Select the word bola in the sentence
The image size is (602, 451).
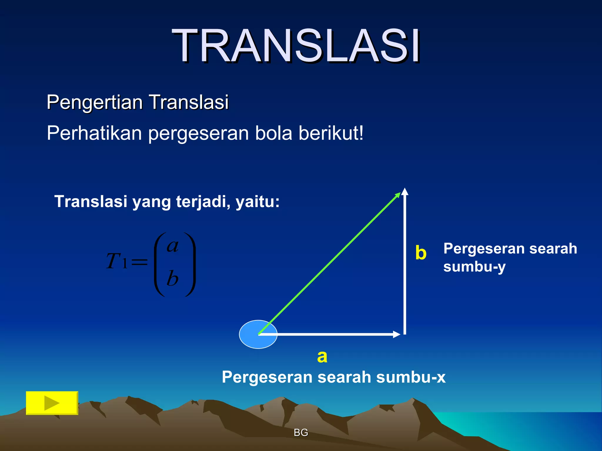[273, 133]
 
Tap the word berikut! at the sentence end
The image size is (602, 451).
[331, 133]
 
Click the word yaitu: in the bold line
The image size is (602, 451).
[257, 202]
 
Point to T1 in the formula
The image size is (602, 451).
[116, 261]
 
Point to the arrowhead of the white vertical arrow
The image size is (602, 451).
[405, 191]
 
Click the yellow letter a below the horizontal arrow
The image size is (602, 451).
[322, 357]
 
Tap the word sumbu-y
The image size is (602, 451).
[474, 267]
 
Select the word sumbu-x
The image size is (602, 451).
[411, 377]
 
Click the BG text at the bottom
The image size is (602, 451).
[301, 432]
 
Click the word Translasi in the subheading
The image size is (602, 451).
[189, 103]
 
